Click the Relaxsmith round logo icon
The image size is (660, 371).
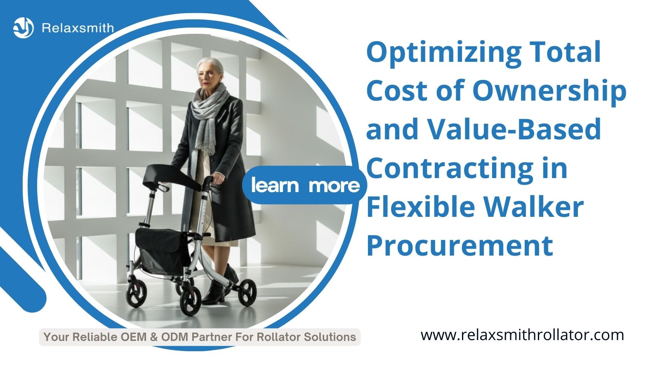(23, 28)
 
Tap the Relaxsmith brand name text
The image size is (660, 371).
(78, 28)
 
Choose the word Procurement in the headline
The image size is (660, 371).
(460, 246)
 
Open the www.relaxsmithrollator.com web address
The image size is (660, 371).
(522, 336)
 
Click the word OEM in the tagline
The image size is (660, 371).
(134, 337)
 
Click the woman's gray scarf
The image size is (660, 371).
(210, 118)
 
